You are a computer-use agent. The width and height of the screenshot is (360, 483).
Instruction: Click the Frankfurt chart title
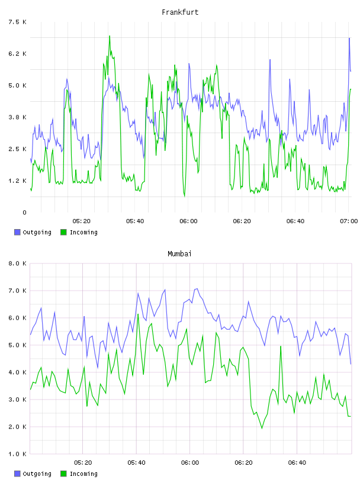[x=180, y=12]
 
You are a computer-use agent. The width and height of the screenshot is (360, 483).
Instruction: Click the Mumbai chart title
[x=179, y=254]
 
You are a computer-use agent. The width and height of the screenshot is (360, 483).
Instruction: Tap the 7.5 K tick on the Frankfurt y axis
[x=17, y=22]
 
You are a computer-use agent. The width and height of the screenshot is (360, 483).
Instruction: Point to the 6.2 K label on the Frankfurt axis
[x=17, y=54]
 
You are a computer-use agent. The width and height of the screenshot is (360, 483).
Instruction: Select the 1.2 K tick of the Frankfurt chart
[x=17, y=181]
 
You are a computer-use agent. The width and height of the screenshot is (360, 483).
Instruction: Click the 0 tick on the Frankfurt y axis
[x=24, y=212]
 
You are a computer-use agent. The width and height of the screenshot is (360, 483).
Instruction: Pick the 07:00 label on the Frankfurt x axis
[x=349, y=221]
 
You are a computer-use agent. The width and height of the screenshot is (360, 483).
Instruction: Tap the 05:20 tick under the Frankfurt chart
[x=81, y=221]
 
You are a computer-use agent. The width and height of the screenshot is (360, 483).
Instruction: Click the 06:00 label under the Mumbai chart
[x=190, y=463]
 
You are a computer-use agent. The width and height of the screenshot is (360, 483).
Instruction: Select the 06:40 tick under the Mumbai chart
[x=297, y=463]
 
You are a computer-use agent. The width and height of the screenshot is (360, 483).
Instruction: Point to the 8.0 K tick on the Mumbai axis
[x=17, y=263]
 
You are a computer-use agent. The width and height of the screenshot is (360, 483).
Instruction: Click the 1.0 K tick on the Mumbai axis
[x=17, y=454]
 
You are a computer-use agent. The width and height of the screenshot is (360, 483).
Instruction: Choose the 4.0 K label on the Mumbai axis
[x=17, y=372]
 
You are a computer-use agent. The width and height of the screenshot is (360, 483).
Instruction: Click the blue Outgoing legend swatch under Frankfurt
[x=17, y=232]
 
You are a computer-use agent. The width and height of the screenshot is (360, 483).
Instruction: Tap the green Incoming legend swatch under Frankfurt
[x=63, y=232]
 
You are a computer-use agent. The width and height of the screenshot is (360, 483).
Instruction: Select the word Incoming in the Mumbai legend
[x=83, y=474]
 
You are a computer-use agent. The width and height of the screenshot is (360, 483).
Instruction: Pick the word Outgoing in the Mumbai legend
[x=37, y=474]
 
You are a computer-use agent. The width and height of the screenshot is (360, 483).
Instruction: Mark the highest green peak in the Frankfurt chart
[x=110, y=36]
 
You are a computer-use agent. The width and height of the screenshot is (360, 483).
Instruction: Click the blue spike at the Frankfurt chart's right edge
[x=349, y=38]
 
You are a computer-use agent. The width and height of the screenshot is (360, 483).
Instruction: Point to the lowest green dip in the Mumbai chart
[x=262, y=428]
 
